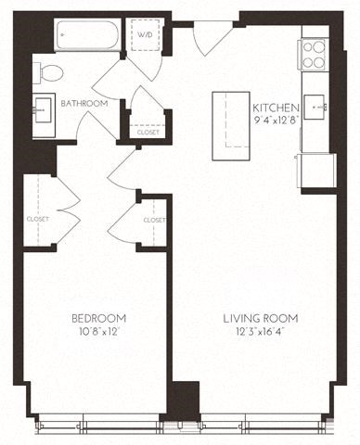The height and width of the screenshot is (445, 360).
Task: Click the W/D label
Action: pos(145,36)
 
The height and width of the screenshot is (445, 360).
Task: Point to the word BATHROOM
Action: pos(84,104)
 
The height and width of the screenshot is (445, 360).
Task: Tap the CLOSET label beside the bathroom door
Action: pos(148,132)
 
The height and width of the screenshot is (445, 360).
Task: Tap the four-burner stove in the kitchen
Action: pos(314,55)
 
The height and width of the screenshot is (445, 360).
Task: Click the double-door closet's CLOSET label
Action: pos(38,219)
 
